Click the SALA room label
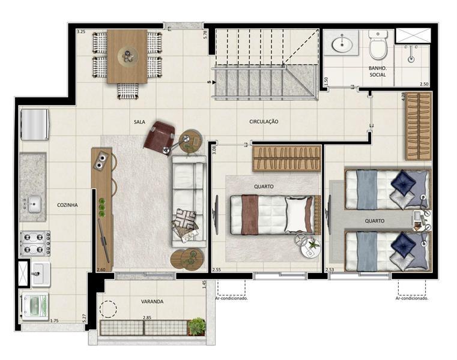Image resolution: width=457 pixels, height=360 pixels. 139,122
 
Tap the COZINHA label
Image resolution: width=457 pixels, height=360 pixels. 67,205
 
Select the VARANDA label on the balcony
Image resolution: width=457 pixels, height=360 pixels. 152,302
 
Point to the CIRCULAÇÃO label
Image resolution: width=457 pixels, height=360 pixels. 264,122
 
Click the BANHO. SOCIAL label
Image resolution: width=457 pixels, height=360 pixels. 378,71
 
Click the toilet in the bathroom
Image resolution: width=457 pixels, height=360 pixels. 378,44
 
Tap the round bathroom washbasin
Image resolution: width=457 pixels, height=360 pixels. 342,44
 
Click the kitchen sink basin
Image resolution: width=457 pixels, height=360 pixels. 34,203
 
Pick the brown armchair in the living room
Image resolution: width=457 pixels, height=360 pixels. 159,137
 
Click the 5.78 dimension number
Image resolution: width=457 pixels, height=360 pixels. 205,35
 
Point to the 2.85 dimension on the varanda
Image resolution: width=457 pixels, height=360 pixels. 147,318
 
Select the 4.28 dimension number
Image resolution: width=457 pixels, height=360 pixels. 403,96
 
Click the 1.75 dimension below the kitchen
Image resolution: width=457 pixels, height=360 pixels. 54,320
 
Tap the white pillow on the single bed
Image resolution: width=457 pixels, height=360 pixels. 295,215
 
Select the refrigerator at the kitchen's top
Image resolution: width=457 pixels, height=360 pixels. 34,124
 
